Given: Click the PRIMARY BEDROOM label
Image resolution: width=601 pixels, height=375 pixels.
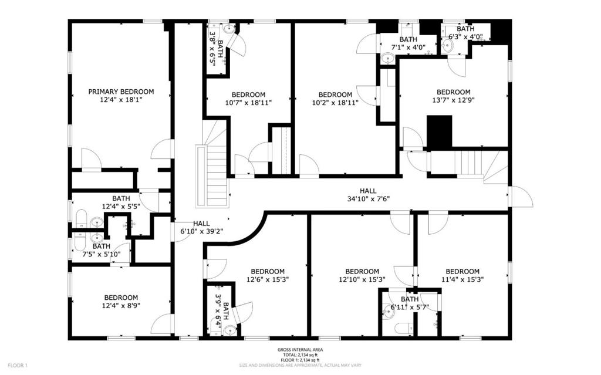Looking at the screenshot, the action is tap(121, 92).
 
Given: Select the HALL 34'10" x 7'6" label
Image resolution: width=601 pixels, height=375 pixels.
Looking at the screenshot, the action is tap(368, 195).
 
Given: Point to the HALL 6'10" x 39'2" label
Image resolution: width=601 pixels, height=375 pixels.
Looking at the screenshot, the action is tap(202, 227).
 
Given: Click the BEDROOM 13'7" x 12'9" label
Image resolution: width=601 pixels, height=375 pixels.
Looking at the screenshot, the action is tap(454, 96).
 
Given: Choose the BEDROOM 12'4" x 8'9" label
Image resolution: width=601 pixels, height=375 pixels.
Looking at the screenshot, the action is tap(121, 302).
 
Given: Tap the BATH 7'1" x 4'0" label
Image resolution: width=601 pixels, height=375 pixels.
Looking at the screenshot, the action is tap(408, 43).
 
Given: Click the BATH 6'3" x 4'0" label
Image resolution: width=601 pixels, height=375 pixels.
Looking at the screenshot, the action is tap(465, 33).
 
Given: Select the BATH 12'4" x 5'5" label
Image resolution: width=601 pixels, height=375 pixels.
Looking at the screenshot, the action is tap(121, 202).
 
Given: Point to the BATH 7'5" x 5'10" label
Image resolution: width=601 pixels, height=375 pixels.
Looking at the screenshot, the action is tap(102, 250).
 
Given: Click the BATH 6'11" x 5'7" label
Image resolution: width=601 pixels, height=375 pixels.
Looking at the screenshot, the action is tap(410, 303).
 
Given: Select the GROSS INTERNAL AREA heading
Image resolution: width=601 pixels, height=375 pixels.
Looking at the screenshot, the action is tap(300, 350).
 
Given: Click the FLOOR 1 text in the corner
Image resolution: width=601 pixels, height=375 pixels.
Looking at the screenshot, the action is tap(18, 366).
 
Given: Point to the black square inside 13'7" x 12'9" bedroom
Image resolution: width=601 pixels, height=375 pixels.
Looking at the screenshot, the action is tap(440, 131).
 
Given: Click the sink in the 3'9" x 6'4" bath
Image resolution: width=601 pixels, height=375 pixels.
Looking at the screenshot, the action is tap(229, 330).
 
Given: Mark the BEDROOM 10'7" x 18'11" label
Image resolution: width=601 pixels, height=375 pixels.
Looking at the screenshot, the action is tap(248, 99).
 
